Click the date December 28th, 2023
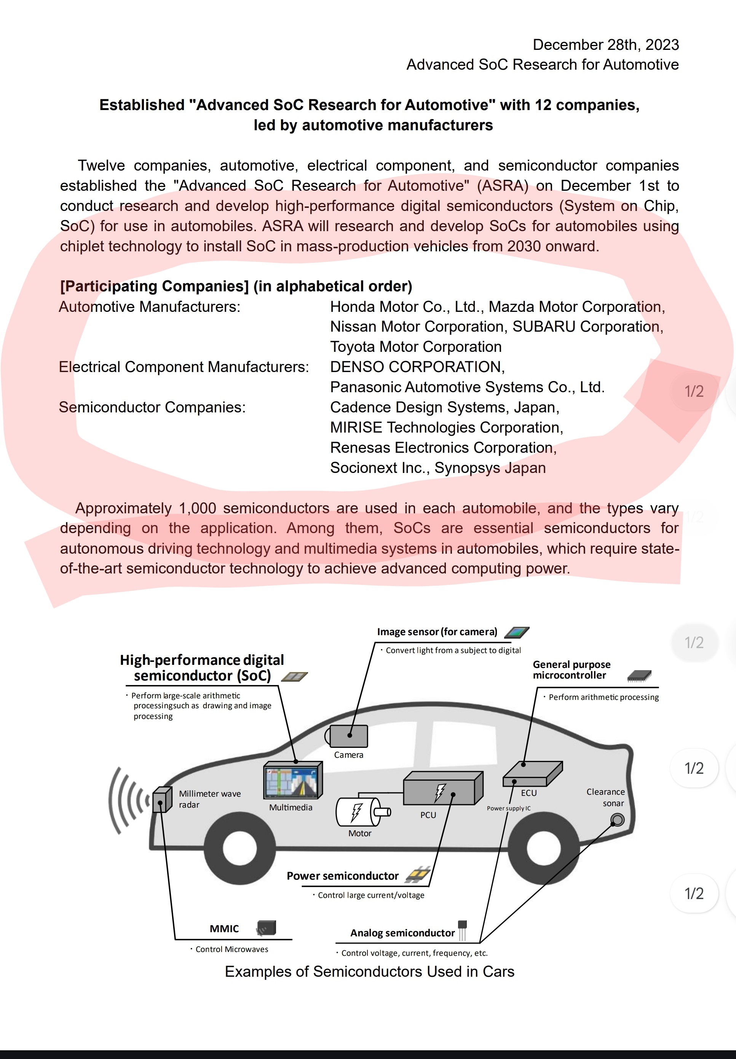tap(605, 45)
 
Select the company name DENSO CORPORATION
tap(417, 367)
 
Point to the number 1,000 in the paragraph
tap(197, 508)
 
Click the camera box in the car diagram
tap(349, 736)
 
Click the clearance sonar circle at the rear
tap(617, 819)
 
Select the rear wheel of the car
tap(543, 847)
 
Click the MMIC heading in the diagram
tap(224, 928)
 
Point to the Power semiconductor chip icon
tap(418, 874)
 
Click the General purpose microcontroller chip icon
tap(639, 676)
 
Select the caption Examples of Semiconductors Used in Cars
tap(369, 971)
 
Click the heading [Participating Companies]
tap(155, 286)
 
